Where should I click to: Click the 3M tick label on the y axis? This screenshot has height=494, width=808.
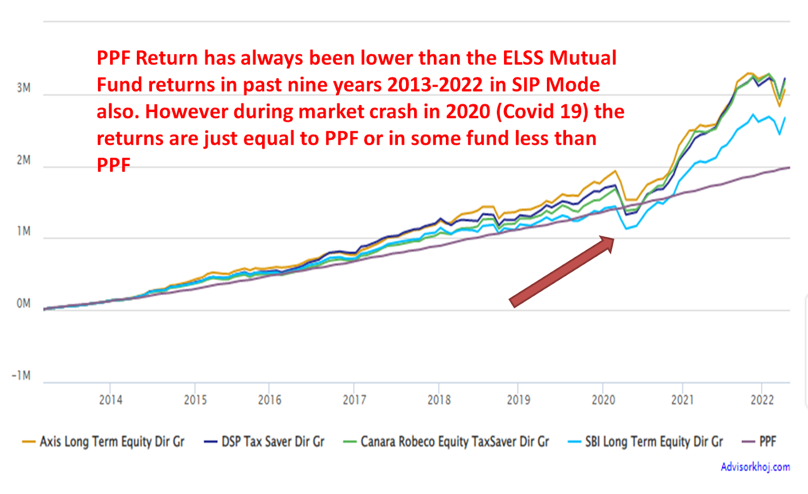pyautogui.click(x=23, y=88)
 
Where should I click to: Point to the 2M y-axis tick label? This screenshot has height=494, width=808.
pyautogui.click(x=23, y=160)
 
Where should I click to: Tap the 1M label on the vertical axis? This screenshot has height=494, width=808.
pyautogui.click(x=23, y=231)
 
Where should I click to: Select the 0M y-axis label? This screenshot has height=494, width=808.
pyautogui.click(x=23, y=303)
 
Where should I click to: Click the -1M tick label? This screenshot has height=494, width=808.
pyautogui.click(x=21, y=375)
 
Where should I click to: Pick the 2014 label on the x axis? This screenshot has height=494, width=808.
pyautogui.click(x=111, y=400)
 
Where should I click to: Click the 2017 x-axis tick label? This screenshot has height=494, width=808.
pyautogui.click(x=354, y=400)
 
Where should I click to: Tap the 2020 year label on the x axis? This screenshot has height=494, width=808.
pyautogui.click(x=603, y=400)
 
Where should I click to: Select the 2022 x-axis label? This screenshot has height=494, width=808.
pyautogui.click(x=762, y=400)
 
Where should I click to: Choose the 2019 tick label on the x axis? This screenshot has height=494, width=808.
pyautogui.click(x=518, y=400)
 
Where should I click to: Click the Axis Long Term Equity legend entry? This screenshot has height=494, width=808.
pyautogui.click(x=103, y=442)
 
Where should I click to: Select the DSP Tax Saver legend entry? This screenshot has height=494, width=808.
pyautogui.click(x=264, y=442)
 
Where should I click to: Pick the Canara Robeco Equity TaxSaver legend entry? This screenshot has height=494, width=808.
pyautogui.click(x=446, y=442)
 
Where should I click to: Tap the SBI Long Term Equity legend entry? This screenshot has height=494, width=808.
pyautogui.click(x=645, y=442)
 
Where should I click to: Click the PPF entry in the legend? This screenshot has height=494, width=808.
pyautogui.click(x=759, y=442)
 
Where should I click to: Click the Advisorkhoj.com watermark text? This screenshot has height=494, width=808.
pyautogui.click(x=755, y=467)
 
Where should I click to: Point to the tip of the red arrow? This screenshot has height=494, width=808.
pyautogui.click(x=614, y=238)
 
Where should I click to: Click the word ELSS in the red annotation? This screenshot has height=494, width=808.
pyautogui.click(x=523, y=58)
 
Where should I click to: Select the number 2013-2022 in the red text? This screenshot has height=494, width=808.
pyautogui.click(x=435, y=85)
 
